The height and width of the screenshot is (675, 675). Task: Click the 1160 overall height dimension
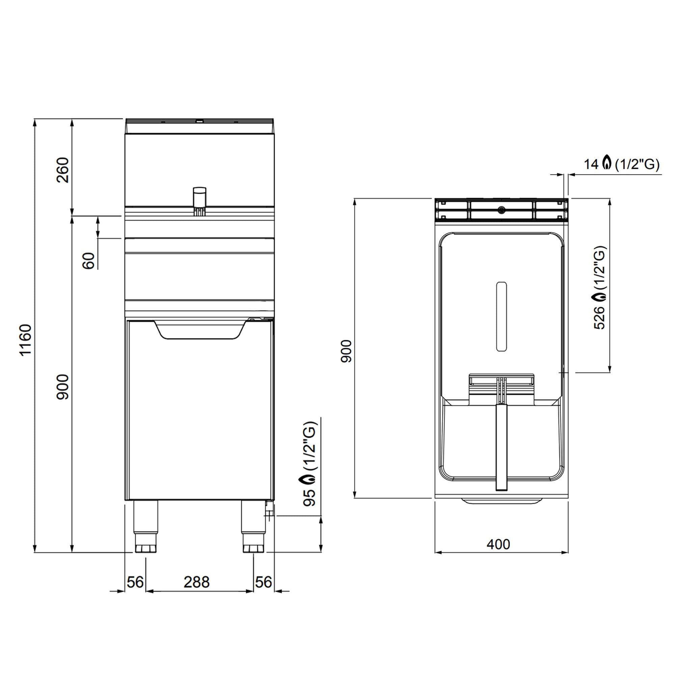pos(26,340)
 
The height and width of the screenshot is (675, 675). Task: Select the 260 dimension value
pos(63,170)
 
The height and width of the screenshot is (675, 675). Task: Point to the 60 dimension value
pos(89,261)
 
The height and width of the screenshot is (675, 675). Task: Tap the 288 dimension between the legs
pos(197,583)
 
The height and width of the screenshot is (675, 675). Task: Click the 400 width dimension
pos(498,544)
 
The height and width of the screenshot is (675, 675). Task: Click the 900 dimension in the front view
pos(63,387)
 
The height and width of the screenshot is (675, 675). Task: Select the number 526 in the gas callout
pos(599,318)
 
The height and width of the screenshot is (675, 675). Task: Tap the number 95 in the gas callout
pos(309,497)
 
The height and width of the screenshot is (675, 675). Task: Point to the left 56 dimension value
pos(135,583)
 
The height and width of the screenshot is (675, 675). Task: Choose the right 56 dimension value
pos(264,583)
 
